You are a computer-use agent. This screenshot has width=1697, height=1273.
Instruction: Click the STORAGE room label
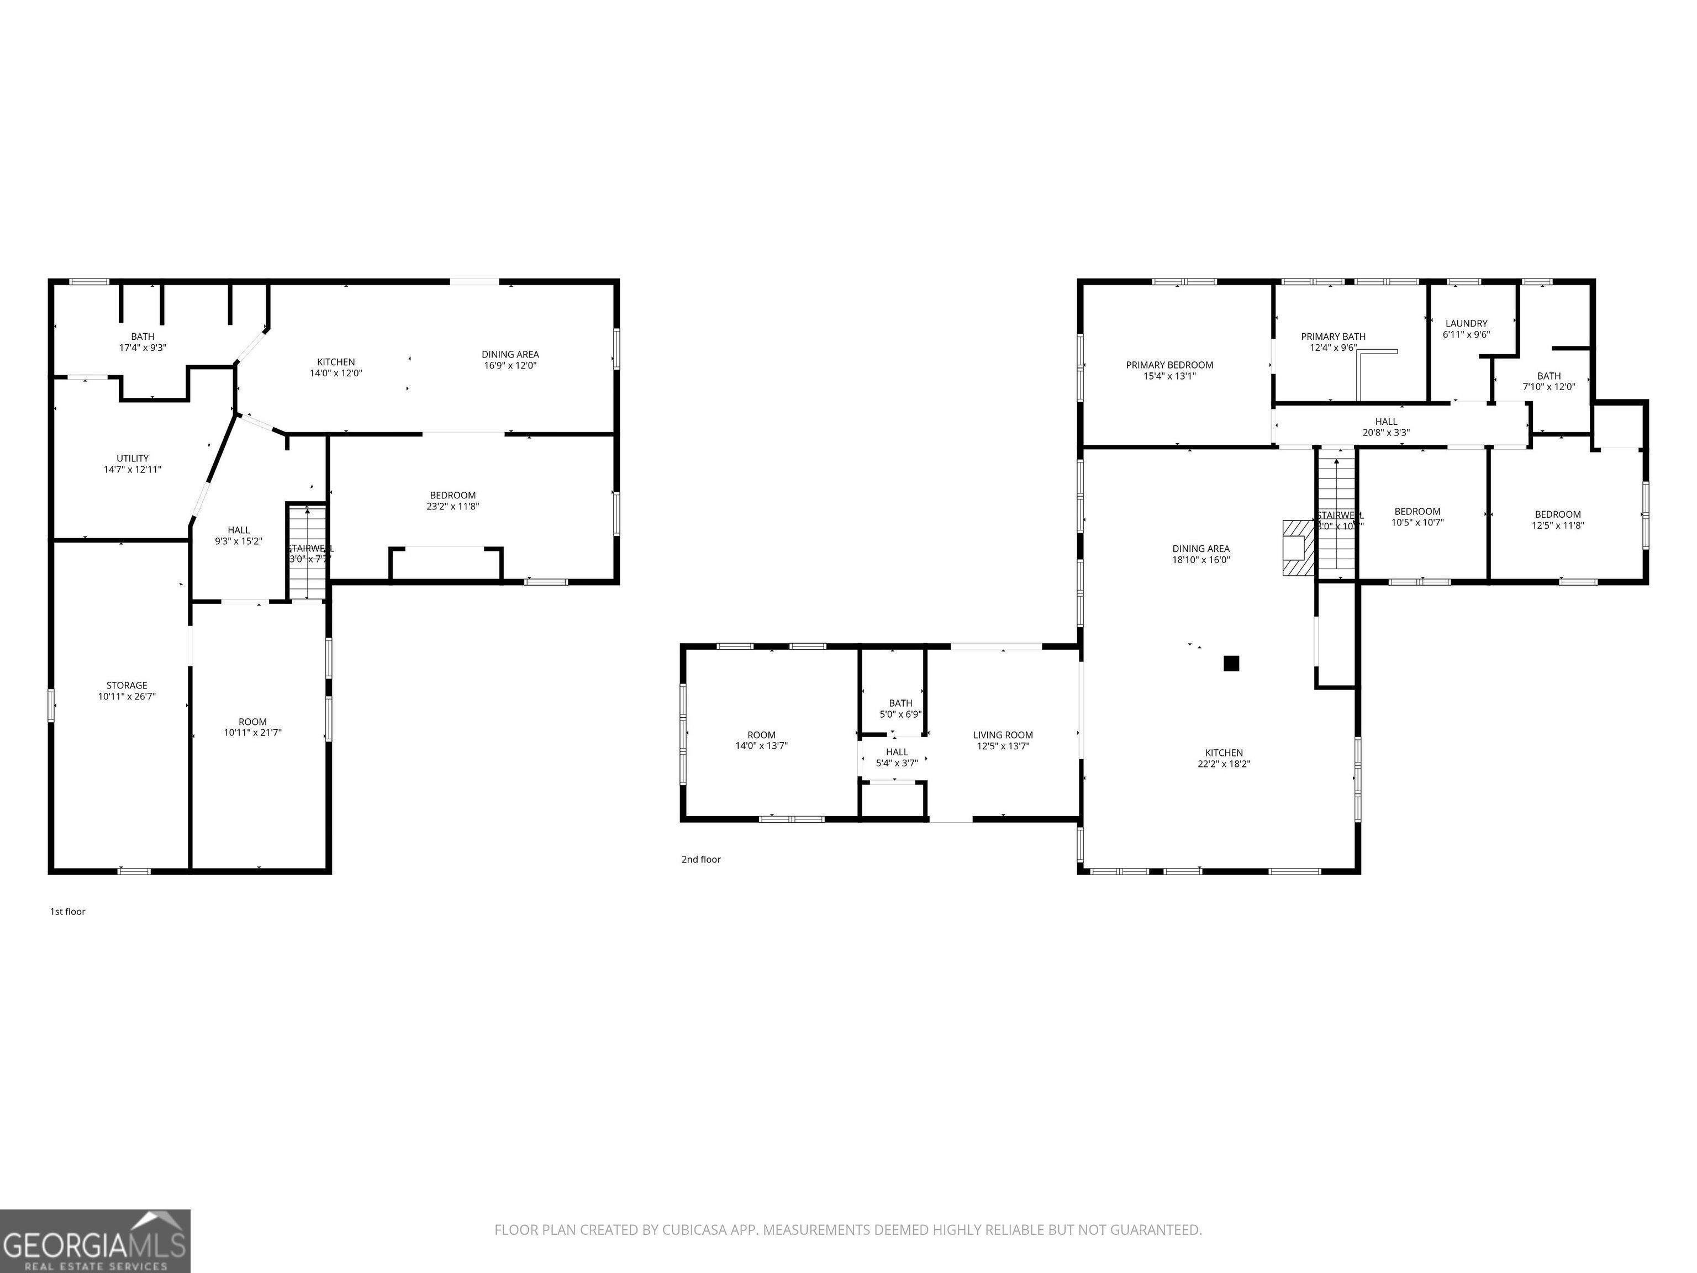coord(127,685)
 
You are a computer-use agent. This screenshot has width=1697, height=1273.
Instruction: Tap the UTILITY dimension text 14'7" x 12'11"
coord(133,470)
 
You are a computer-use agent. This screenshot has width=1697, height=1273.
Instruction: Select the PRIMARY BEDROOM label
coord(1169,365)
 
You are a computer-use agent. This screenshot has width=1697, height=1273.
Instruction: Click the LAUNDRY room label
coord(1466,324)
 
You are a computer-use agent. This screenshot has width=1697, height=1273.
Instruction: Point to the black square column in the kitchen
coord(1231,663)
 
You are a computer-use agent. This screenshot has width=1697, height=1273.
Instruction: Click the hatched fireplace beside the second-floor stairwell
coord(1299,548)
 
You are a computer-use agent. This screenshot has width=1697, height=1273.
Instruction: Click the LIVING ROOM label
coord(1003,735)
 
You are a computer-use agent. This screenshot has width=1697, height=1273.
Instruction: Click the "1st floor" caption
coord(67,912)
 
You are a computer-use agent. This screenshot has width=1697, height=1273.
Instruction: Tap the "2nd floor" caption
coord(700,859)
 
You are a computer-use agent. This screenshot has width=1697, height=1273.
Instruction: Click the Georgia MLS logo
coord(94,1241)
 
